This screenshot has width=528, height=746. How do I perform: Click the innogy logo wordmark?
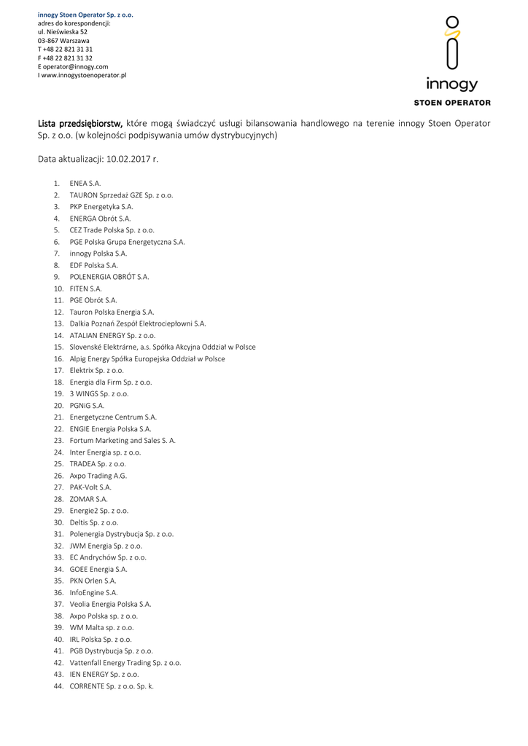pyautogui.click(x=452, y=85)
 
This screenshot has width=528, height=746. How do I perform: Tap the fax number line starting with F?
pyautogui.click(x=66, y=58)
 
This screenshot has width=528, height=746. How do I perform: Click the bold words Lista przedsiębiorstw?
pyautogui.click(x=80, y=123)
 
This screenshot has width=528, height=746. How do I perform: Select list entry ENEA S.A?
pyautogui.click(x=85, y=183)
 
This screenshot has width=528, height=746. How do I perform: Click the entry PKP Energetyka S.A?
pyautogui.click(x=101, y=206)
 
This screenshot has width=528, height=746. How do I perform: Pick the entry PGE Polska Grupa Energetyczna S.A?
pyautogui.click(x=127, y=241)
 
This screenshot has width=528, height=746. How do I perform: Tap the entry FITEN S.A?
pyautogui.click(x=85, y=288)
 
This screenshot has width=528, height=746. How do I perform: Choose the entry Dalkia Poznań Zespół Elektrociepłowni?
pyautogui.click(x=138, y=323)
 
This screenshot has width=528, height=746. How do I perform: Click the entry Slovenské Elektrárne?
pyautogui.click(x=162, y=347)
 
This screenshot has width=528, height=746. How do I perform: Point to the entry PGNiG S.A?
pyautogui.click(x=87, y=405)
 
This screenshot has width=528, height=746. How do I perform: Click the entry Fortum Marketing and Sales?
pyautogui.click(x=123, y=440)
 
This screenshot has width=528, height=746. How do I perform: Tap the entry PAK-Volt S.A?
pyautogui.click(x=90, y=487)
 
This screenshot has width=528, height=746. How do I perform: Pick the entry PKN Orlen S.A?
pyautogui.click(x=93, y=581)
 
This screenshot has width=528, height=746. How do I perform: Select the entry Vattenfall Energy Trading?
pyautogui.click(x=125, y=663)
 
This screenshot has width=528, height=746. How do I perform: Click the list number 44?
pyautogui.click(x=58, y=686)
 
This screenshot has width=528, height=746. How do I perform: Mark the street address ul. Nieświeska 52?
pyautogui.click(x=63, y=32)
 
